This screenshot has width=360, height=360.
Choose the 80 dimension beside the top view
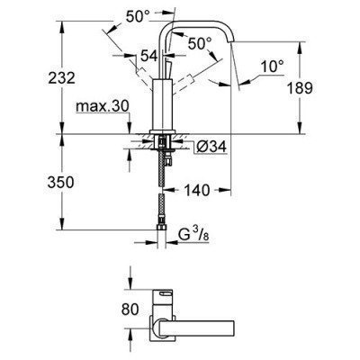pyautogui.click(x=130, y=310)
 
